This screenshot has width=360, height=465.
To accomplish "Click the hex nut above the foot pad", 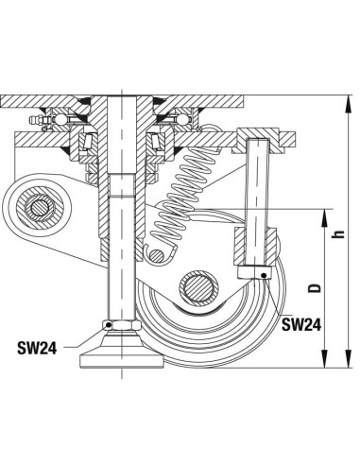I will coord(121,327).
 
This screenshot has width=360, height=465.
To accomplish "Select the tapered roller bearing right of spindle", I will coord(153,142).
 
